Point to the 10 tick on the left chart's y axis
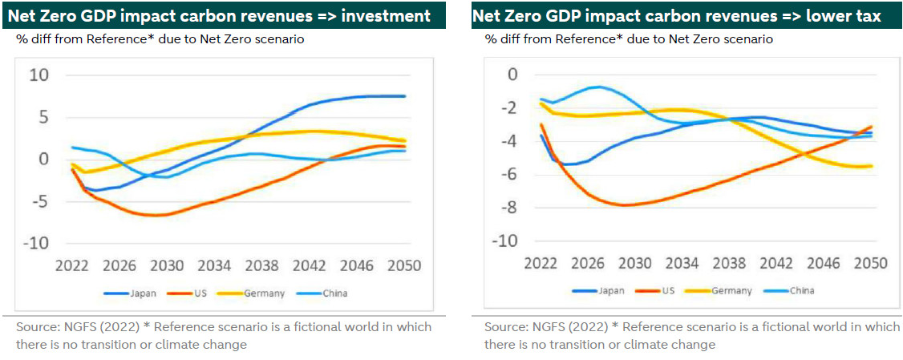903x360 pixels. (39, 75)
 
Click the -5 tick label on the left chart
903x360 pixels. (39, 201)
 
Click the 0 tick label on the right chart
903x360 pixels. (513, 75)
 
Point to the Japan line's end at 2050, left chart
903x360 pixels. (405, 96)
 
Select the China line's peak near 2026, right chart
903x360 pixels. (597, 87)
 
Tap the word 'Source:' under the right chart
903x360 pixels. (505, 327)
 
